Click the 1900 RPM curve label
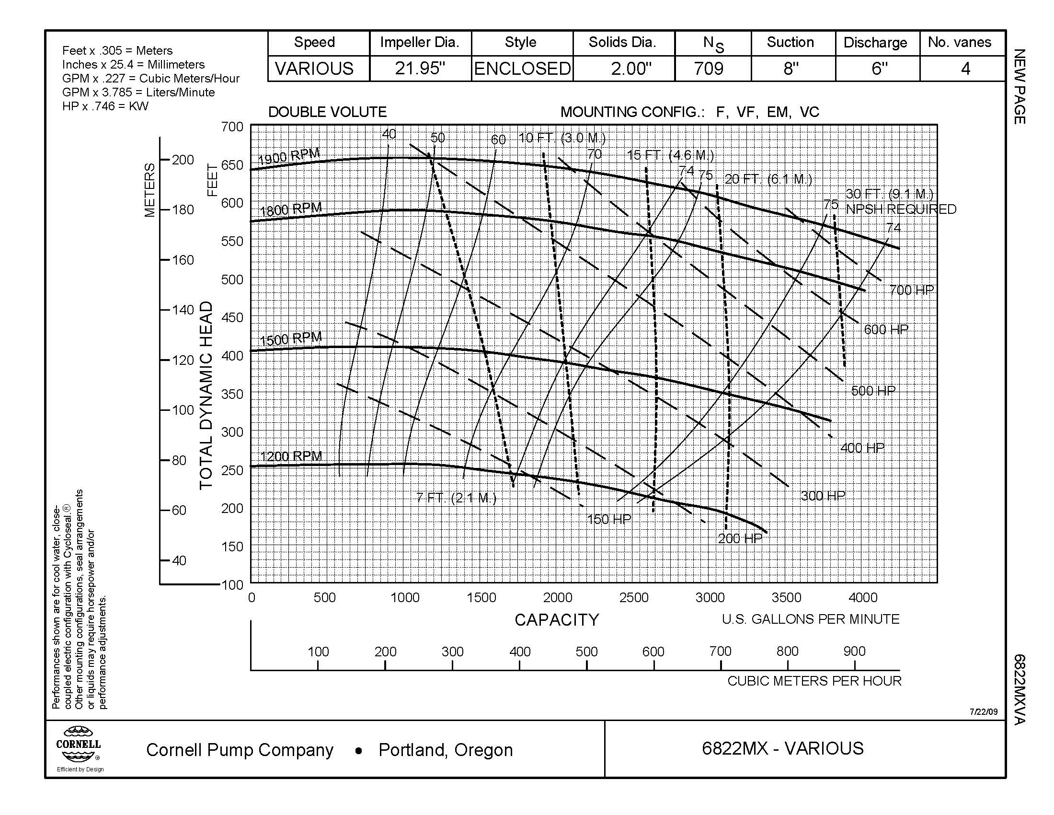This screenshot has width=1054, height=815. tap(289, 156)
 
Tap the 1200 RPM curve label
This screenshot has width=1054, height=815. tap(291, 456)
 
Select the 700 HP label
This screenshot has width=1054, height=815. tap(912, 290)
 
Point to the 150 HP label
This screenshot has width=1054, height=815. tap(608, 519)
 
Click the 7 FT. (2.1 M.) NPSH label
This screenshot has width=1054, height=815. tap(456, 497)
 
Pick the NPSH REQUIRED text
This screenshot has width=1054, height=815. tap(901, 209)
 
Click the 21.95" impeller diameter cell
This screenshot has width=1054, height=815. tap(420, 69)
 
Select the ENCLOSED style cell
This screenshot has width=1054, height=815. tap(522, 69)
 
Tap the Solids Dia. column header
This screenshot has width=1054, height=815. tap(622, 43)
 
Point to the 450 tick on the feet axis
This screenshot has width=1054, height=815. tap(232, 318)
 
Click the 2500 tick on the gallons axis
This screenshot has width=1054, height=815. tap(634, 598)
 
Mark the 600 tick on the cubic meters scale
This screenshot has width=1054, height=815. tap(653, 652)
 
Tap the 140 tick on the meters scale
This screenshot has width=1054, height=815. tap(183, 310)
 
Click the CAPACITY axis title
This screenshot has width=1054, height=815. tap(556, 620)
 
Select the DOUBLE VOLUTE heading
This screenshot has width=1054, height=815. tap(327, 112)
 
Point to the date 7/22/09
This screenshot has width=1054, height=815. tap(984, 711)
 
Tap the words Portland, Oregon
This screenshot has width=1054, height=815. tap(446, 750)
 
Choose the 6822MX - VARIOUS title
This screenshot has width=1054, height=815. tap(782, 748)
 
